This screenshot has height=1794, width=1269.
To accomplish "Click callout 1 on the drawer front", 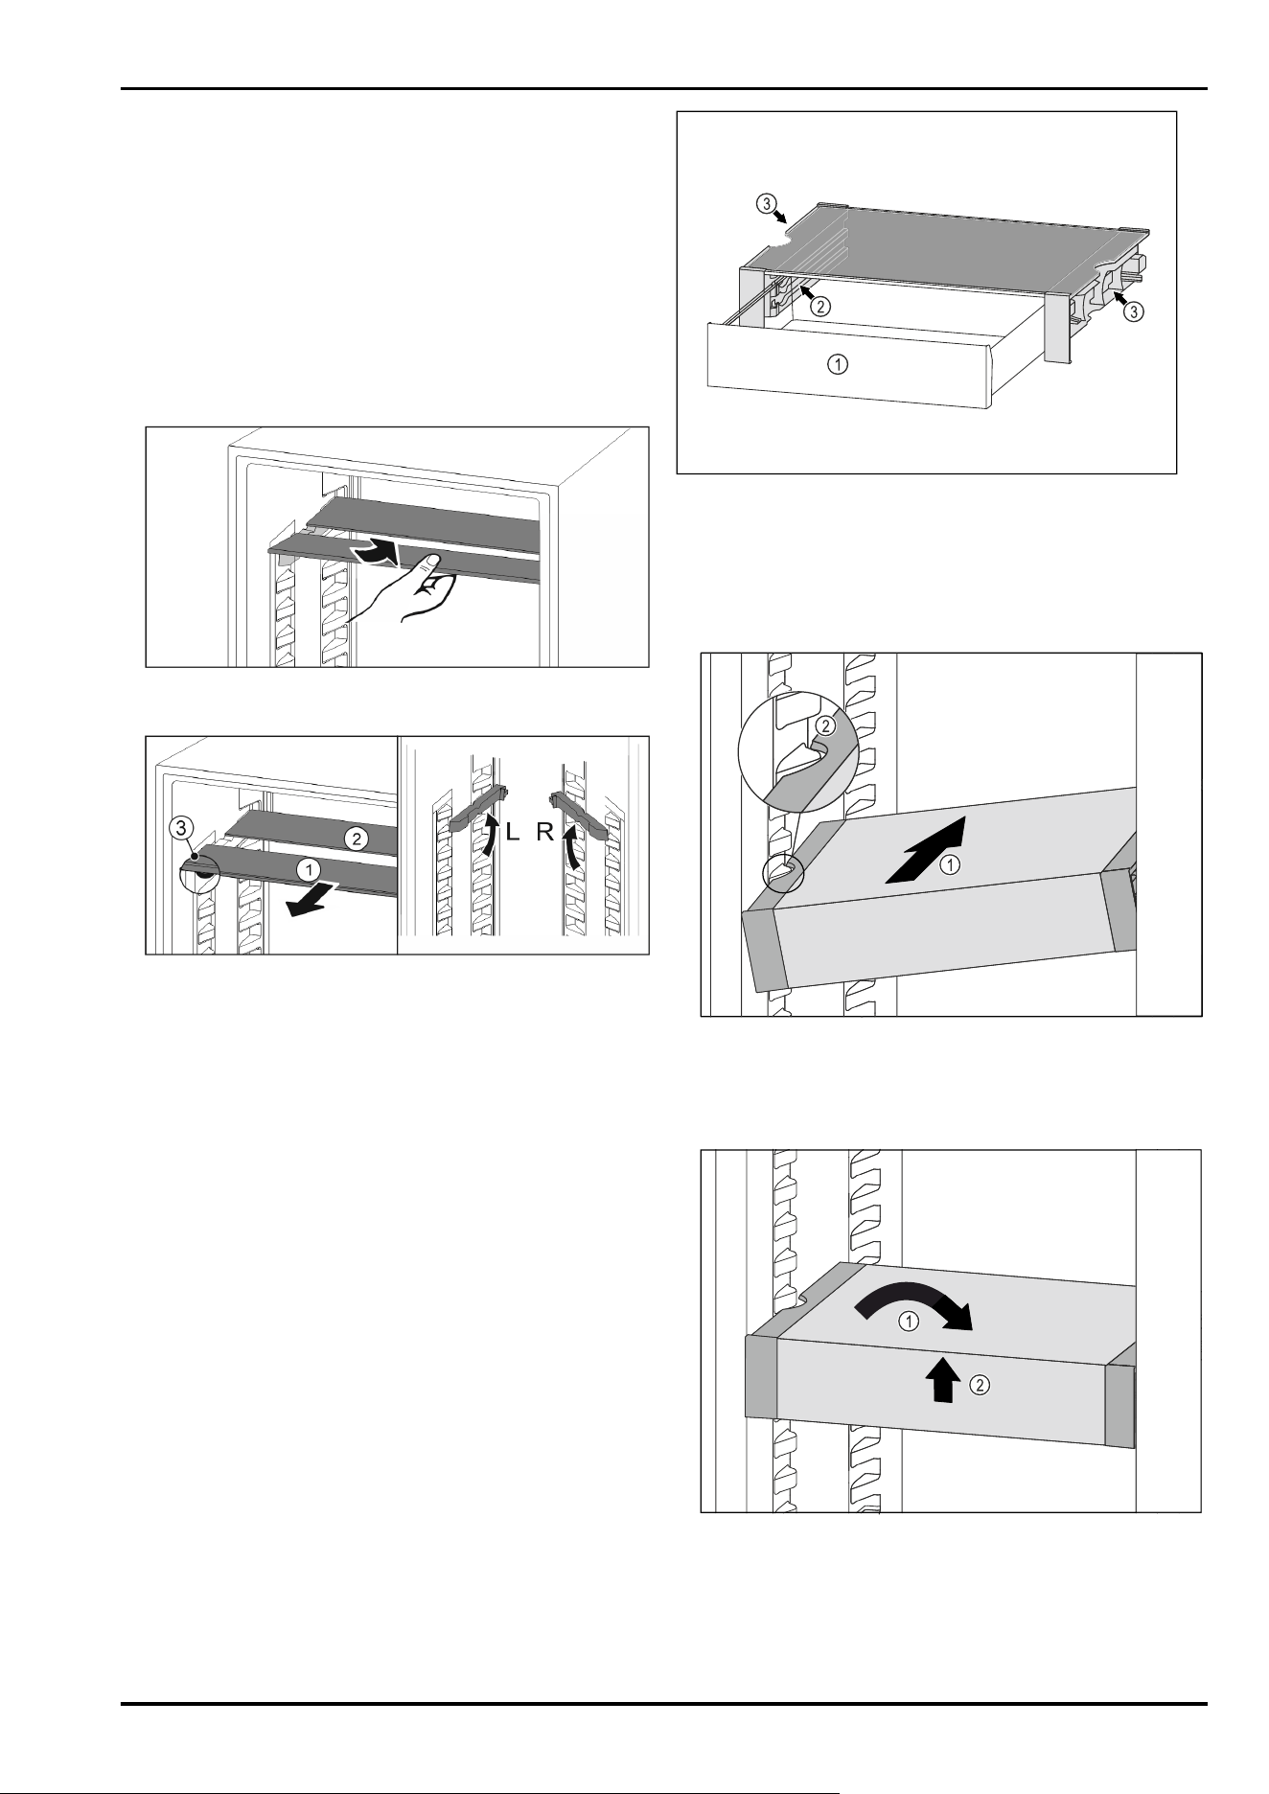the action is [838, 364].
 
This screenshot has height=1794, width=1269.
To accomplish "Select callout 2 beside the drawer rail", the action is [821, 308].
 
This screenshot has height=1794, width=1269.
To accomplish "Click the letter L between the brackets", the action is [513, 833].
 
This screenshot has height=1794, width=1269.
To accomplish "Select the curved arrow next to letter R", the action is [571, 835].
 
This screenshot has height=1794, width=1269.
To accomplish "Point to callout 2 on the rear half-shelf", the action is [356, 839].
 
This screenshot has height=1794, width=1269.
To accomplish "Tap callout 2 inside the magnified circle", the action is [825, 727].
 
